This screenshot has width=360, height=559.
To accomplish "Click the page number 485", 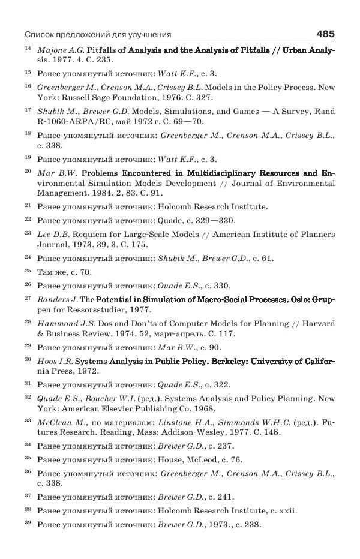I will click(325, 34).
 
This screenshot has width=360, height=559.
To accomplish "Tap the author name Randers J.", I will click(58, 299).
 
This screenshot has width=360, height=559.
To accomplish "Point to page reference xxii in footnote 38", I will click(286, 510).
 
